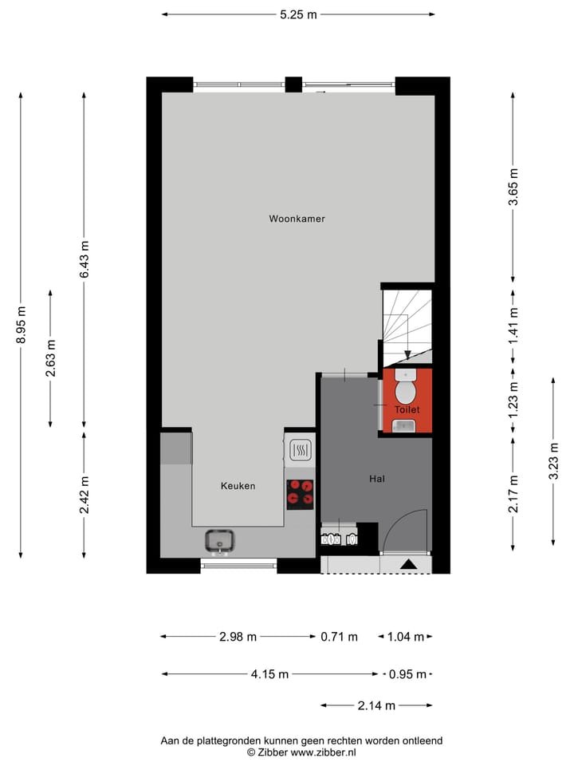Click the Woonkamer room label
(297, 219)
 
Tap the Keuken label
(238, 485)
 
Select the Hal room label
(377, 479)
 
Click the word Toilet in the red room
(407, 409)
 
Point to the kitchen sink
(218, 542)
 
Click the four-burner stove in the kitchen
(301, 493)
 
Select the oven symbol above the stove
(301, 452)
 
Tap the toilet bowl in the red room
(407, 390)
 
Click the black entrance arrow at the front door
(408, 565)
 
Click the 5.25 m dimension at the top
(297, 14)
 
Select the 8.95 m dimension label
(22, 324)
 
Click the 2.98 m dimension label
(238, 637)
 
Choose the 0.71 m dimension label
(339, 637)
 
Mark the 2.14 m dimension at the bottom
(377, 705)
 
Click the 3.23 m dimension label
(553, 461)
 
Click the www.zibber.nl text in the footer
(323, 752)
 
